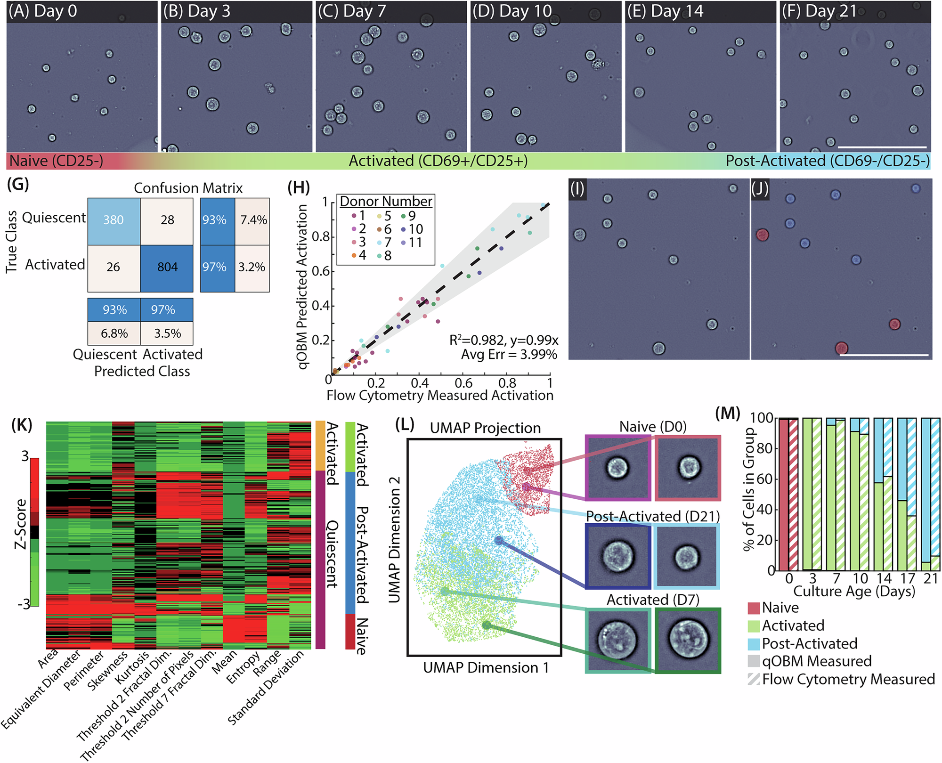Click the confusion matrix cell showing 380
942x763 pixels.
114,220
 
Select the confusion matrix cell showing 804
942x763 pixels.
167,268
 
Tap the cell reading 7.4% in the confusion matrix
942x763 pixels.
253,220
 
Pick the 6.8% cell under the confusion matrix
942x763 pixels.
114,333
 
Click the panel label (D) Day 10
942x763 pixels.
512,11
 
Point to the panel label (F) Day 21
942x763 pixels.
819,11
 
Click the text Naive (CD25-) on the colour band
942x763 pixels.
56,161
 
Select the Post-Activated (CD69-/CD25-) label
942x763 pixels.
827,161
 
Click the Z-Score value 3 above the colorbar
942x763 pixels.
25,456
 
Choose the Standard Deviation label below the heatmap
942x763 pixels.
267,688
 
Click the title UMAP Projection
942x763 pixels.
485,428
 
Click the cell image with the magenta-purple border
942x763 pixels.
617,468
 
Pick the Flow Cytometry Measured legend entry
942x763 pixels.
848,679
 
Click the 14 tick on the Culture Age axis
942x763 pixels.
884,578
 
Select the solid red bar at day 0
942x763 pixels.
783,495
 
